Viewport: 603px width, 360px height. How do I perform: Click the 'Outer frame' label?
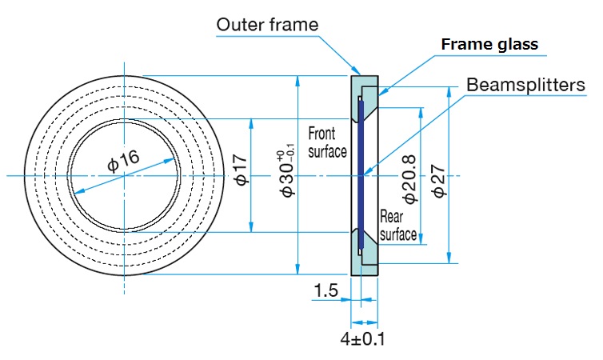coord(266,25)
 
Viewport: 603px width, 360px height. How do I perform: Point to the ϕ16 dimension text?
coord(124,161)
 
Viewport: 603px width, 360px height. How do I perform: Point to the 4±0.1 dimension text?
coord(362,338)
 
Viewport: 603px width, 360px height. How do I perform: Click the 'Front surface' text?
coord(327,142)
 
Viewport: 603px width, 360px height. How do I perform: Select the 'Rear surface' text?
coord(397,225)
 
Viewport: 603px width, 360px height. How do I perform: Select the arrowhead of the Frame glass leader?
coord(377,94)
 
